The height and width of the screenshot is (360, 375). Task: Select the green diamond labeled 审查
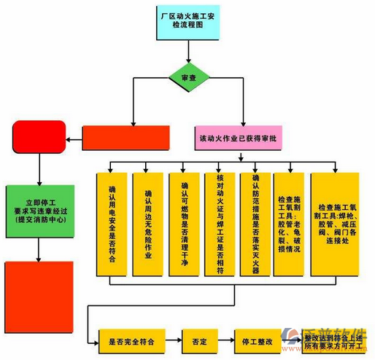pyautogui.click(x=187, y=77)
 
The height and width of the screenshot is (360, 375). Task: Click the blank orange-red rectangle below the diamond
pyautogui.click(x=125, y=137)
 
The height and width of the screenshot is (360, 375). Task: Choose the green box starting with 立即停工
pyautogui.click(x=39, y=210)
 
